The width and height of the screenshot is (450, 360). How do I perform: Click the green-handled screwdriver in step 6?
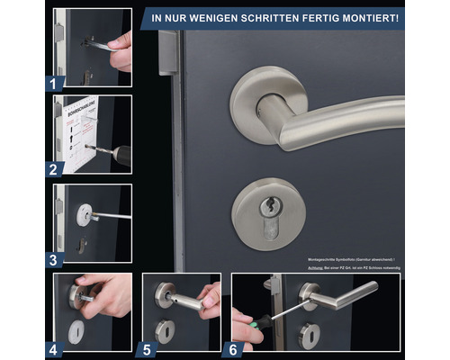pyautogui.click(x=255, y=319)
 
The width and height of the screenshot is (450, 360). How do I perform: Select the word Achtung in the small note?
pyautogui.click(x=312, y=266)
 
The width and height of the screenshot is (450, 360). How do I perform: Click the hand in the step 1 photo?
pyautogui.click(x=122, y=49)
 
